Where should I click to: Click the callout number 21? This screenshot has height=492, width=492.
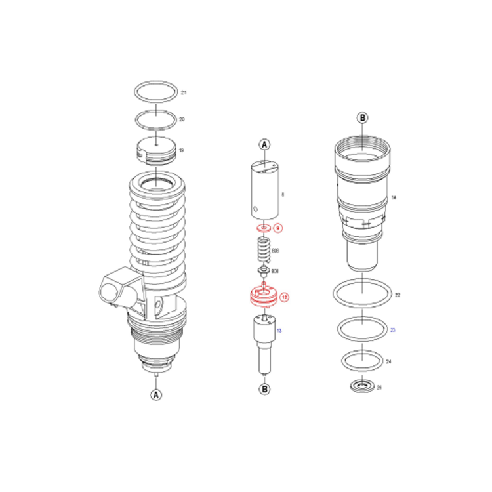[x=184, y=92]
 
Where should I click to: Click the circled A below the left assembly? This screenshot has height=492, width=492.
[x=156, y=394]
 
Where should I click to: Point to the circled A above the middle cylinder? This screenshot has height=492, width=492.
[x=264, y=144]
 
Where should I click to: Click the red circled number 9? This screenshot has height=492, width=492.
[x=277, y=228]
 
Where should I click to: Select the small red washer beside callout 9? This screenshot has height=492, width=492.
[x=264, y=228]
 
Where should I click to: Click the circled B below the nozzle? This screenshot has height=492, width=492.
[x=264, y=389]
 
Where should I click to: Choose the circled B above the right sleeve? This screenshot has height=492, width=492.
[x=362, y=118]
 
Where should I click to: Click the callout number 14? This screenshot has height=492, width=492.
[x=394, y=197]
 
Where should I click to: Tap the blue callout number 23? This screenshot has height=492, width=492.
[x=393, y=330]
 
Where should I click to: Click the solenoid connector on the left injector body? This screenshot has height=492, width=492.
[x=116, y=287]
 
